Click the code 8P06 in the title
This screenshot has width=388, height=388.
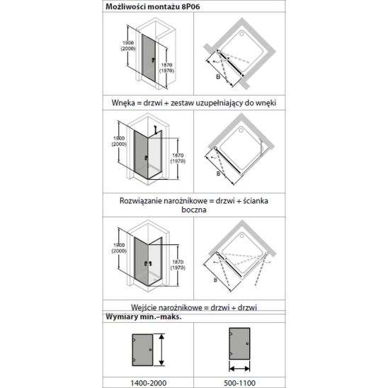click(190, 6)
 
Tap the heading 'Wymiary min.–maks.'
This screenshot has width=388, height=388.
click(144, 316)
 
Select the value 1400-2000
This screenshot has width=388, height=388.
click(149, 383)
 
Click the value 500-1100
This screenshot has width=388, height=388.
click(239, 383)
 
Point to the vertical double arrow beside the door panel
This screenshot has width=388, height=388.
click(161, 350)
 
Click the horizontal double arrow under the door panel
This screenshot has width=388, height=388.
click(239, 369)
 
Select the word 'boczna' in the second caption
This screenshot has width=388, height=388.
click(194, 210)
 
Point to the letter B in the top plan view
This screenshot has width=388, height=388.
click(218, 77)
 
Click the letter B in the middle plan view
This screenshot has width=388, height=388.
click(218, 173)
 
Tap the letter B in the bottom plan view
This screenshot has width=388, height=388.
click(215, 280)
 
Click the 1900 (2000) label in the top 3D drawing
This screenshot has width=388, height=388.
click(128, 46)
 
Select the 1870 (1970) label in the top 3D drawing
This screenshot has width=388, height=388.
click(166, 68)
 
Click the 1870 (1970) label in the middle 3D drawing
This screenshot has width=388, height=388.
click(178, 159)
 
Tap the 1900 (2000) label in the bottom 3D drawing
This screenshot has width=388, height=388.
click(119, 248)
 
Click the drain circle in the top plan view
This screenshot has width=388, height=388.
click(241, 33)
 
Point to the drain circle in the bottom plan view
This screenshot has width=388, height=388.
click(241, 236)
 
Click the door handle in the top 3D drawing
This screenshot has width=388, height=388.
click(153, 59)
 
